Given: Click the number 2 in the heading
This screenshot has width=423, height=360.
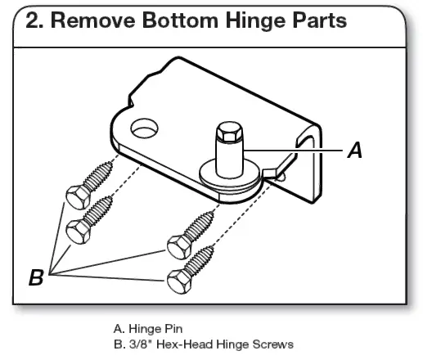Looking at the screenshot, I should point(33,22).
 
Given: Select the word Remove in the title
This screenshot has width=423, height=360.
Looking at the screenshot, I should point(88,22).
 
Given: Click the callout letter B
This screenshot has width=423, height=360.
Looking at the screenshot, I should point(36,278).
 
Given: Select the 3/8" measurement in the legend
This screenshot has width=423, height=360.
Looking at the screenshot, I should point(136,344).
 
